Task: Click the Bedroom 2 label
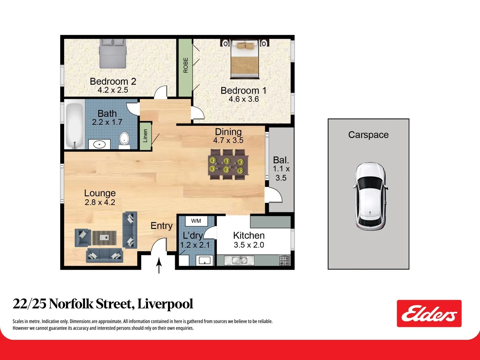click(113, 81)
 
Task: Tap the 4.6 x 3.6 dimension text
click(244, 99)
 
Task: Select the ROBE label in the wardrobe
click(186, 65)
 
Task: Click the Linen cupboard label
click(145, 136)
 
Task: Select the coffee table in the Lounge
click(104, 237)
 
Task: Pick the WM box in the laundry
click(196, 221)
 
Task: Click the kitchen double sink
click(240, 260)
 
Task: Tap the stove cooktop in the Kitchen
click(284, 260)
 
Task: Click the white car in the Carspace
click(370, 196)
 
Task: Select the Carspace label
click(368, 135)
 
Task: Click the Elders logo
click(429, 314)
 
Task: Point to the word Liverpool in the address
click(165, 304)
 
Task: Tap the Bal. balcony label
click(281, 160)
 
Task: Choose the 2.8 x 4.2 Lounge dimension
click(100, 202)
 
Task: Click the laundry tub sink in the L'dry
click(204, 260)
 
